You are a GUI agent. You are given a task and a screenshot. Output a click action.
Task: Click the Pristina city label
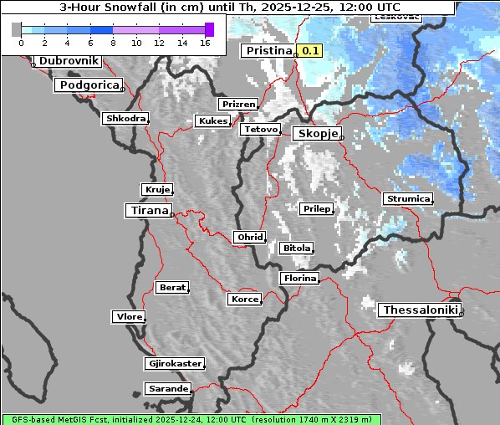pyautogui.click(x=268, y=51)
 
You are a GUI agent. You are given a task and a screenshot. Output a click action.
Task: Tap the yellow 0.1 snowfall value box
pyautogui.click(x=310, y=51)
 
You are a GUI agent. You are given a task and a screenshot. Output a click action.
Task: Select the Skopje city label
pyautogui.click(x=316, y=134)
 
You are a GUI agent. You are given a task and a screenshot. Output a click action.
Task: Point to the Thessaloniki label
pyautogui.click(x=419, y=310)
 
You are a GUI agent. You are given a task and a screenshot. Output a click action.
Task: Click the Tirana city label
pyautogui.click(x=148, y=210)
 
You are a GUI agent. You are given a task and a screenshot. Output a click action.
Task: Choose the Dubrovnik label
pyautogui.click(x=68, y=61)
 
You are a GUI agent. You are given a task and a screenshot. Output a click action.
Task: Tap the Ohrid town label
pyautogui.click(x=249, y=238)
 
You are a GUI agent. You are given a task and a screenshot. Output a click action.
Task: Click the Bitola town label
pyautogui.click(x=296, y=248)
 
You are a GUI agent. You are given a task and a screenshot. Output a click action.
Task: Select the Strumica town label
pyautogui.click(x=408, y=199)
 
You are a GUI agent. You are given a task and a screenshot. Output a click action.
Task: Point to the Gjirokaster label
pyautogui.click(x=174, y=364)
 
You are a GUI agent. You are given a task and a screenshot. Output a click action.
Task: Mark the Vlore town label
pyautogui.click(x=129, y=317)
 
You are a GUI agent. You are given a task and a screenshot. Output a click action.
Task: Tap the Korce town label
pyautogui.click(x=244, y=299)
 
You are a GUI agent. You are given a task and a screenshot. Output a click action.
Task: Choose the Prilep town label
pyautogui.click(x=317, y=208)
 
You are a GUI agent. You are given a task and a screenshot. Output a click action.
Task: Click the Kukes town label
pyautogui.click(x=212, y=121)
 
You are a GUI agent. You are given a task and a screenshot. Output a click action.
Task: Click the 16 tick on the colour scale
pyautogui.click(x=205, y=42)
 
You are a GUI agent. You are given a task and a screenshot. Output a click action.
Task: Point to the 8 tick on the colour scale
pyautogui.click(x=113, y=42)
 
